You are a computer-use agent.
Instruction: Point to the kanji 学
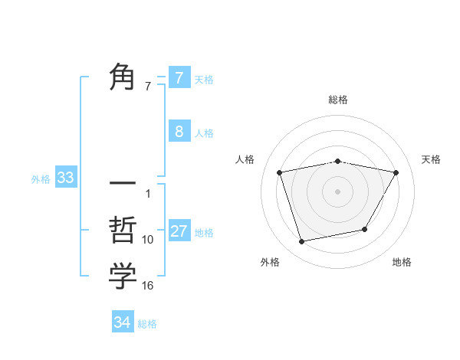click(123, 277)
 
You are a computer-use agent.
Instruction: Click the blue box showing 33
click(66, 178)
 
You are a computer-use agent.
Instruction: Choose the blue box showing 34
click(123, 322)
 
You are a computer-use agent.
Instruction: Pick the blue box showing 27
click(179, 231)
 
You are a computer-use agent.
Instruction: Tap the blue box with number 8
click(179, 131)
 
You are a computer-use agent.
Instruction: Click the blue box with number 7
click(179, 77)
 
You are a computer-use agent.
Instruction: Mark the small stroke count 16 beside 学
click(148, 286)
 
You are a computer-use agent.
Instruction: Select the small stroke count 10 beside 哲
click(148, 240)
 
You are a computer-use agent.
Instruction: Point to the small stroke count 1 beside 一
click(148, 194)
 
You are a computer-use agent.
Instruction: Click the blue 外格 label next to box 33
click(41, 179)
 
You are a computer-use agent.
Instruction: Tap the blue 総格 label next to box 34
click(147, 324)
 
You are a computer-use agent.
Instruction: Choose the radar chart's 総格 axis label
click(337, 100)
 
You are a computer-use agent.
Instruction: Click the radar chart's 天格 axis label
click(432, 159)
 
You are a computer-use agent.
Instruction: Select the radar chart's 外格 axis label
click(270, 262)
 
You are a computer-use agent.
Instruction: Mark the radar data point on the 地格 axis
click(365, 229)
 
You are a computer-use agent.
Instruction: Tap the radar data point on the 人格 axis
click(280, 172)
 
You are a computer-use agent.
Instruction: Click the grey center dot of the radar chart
click(337, 191)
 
